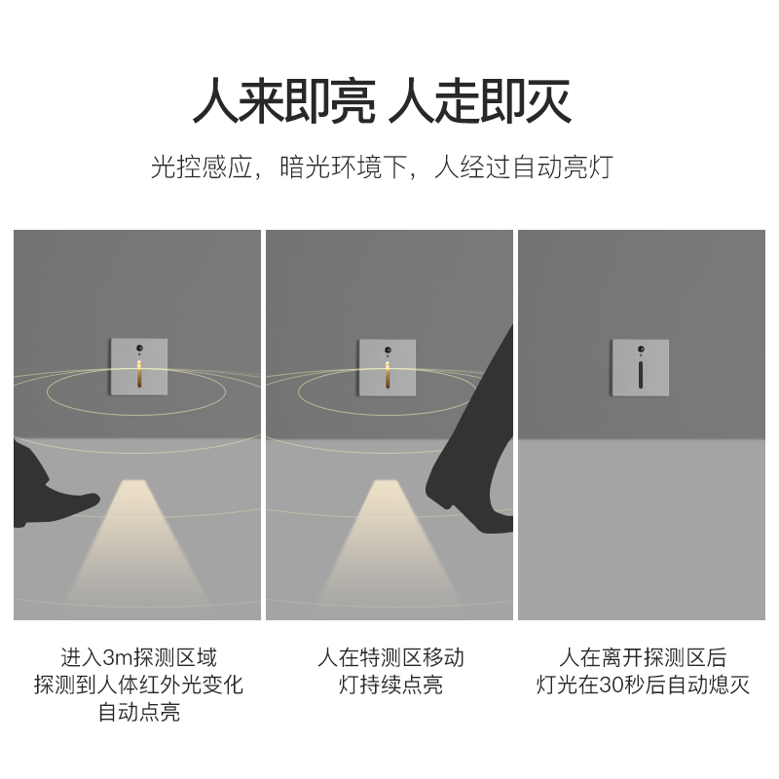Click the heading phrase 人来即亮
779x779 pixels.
(x=283, y=100)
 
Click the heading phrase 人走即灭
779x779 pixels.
(x=480, y=100)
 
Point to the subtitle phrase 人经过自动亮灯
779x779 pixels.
(x=523, y=167)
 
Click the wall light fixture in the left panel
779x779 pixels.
(x=137, y=367)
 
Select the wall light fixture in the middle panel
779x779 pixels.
(x=387, y=367)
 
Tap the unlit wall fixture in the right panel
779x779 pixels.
(x=640, y=367)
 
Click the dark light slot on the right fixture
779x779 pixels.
(x=640, y=374)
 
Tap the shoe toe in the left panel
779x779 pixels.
(x=83, y=502)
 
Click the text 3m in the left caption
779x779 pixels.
(x=117, y=657)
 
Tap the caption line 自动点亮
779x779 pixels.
(x=138, y=713)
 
